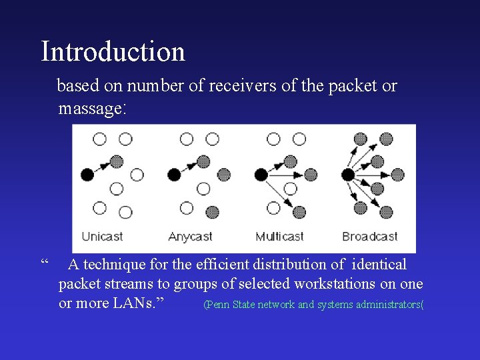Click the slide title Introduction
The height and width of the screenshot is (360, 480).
click(x=113, y=51)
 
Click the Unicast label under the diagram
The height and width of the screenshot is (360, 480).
click(x=102, y=237)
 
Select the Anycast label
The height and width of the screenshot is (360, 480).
click(x=190, y=237)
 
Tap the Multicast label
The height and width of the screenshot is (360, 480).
click(x=279, y=237)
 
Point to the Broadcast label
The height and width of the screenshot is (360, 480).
click(x=369, y=237)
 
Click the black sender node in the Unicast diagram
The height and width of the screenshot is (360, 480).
click(x=87, y=175)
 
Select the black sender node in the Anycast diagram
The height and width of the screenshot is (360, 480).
click(x=174, y=175)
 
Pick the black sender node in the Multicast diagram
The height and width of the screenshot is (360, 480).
click(x=261, y=175)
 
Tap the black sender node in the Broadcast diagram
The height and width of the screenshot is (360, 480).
click(x=347, y=175)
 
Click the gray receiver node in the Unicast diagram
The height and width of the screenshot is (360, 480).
click(x=117, y=161)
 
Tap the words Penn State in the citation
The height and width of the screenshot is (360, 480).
click(x=229, y=305)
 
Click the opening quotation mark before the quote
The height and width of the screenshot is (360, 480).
click(x=45, y=263)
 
